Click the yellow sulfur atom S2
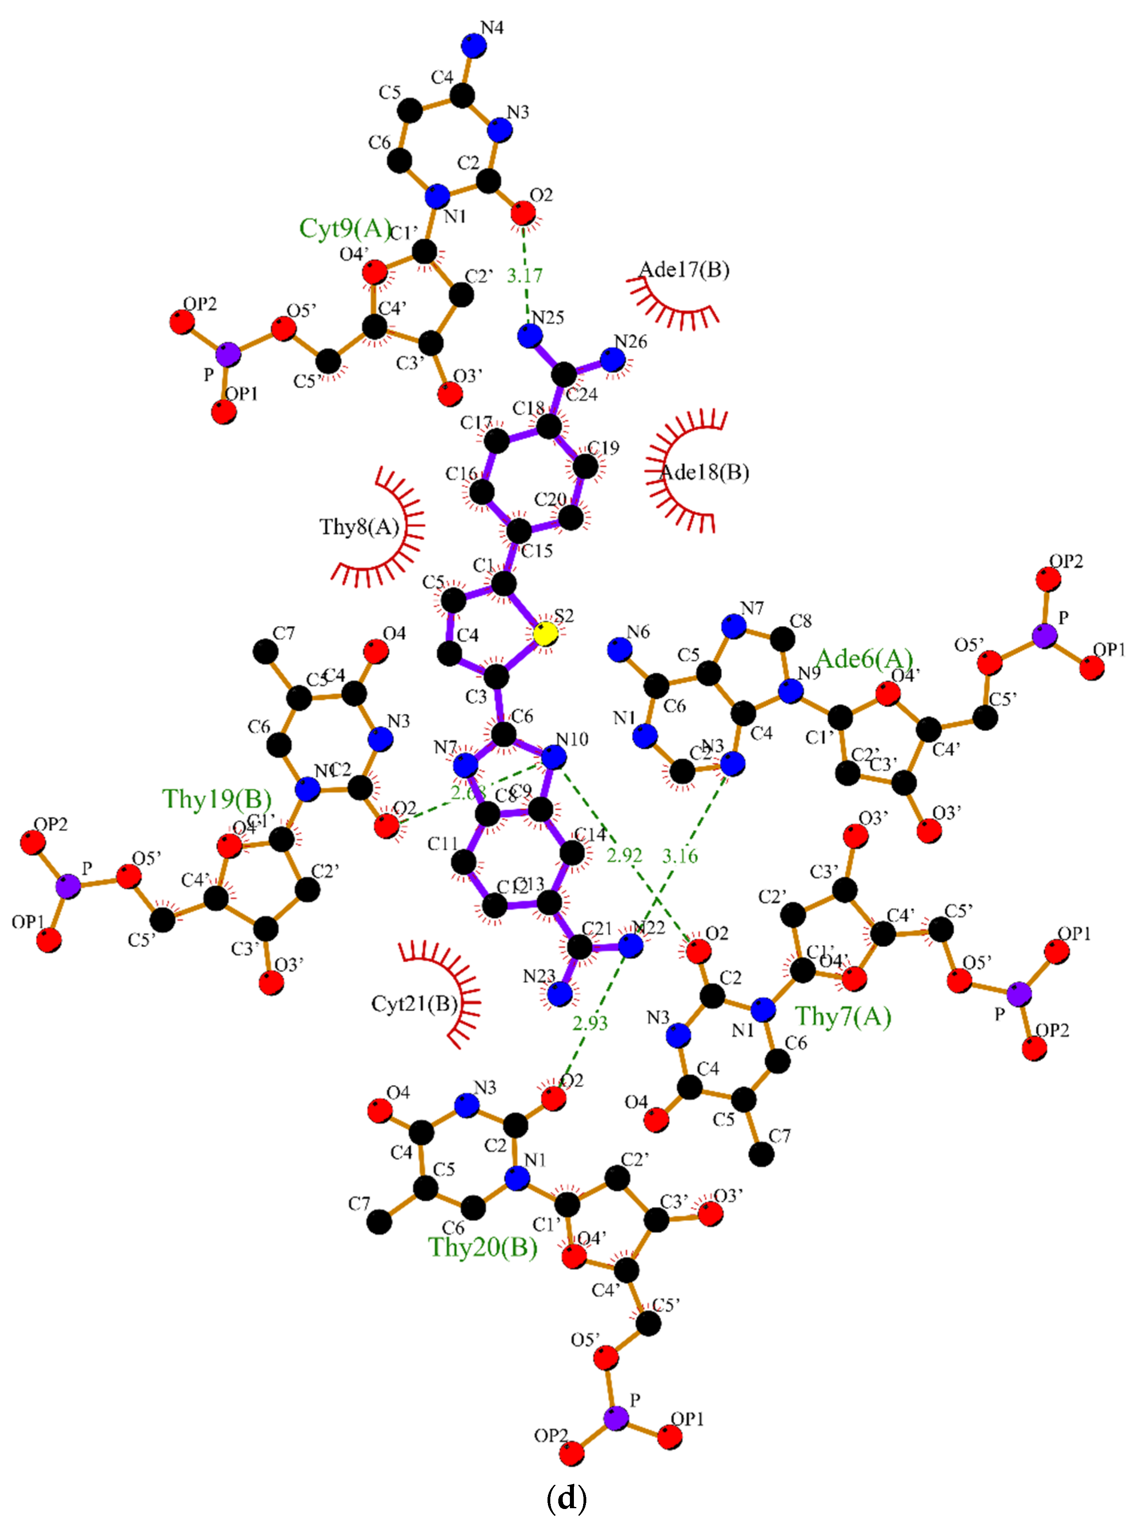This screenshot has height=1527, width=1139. (x=546, y=633)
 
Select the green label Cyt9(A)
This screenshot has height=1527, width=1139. (x=345, y=228)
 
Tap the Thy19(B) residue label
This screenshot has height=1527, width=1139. (x=216, y=798)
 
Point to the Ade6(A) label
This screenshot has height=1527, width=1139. (x=864, y=659)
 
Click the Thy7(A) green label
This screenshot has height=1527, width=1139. (x=843, y=1016)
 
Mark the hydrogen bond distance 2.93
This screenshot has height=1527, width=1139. (x=590, y=1023)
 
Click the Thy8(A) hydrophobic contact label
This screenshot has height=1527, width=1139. (x=359, y=527)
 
